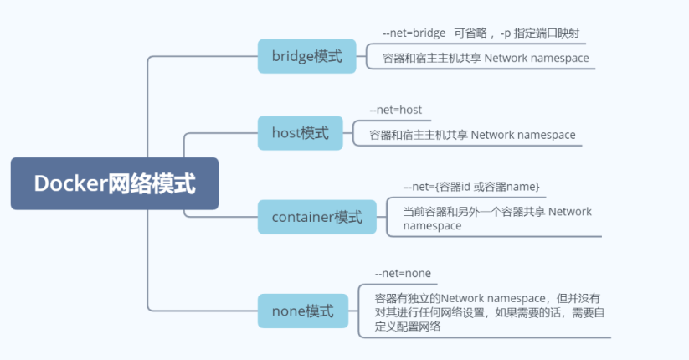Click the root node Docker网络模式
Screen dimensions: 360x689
[x=114, y=183]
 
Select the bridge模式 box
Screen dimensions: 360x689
[x=306, y=56]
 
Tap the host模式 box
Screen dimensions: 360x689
[x=300, y=132]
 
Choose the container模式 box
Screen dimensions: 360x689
[x=316, y=217]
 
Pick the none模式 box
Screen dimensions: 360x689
[x=302, y=311]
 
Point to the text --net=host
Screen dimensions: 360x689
[x=396, y=110]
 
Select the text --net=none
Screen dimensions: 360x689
[x=403, y=273]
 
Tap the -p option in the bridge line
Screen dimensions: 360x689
[x=504, y=33]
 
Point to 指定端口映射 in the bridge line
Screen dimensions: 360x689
[x=546, y=33]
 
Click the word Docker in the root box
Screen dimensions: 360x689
[x=70, y=184]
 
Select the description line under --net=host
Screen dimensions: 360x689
[x=472, y=134]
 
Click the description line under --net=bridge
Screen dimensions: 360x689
[x=486, y=58]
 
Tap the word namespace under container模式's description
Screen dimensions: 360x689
[x=431, y=226]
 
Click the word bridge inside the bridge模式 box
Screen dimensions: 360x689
[x=291, y=56]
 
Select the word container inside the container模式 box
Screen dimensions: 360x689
[x=303, y=217]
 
